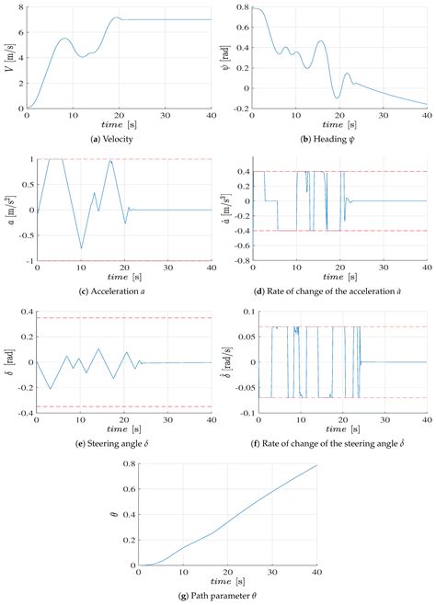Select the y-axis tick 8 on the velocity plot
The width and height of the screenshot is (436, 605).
19,7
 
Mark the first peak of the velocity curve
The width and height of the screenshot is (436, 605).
63,39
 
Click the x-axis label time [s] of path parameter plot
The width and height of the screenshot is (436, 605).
227,583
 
